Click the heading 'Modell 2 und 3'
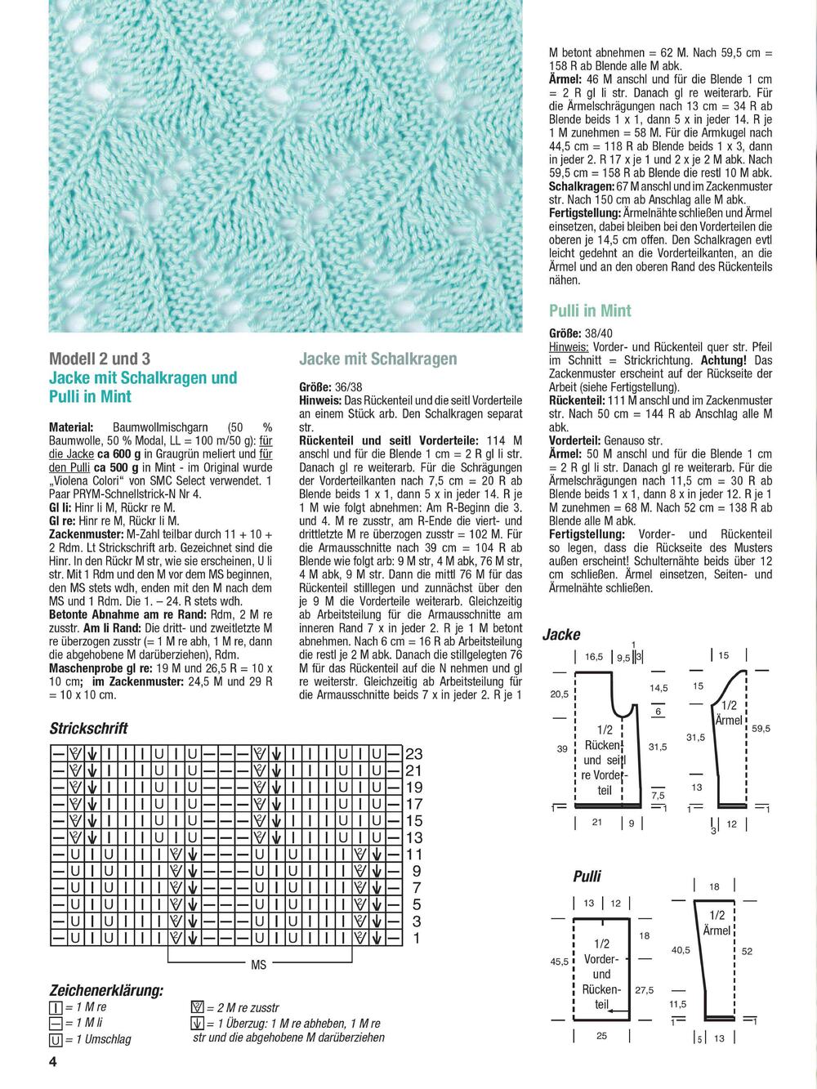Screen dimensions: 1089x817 coord(100,359)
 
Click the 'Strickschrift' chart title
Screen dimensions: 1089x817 coord(88,728)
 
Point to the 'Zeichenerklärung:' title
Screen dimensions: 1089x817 coord(106,990)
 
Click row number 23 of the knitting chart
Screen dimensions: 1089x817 coord(414,754)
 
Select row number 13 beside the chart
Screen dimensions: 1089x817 coord(414,837)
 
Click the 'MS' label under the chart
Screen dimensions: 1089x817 coord(259,965)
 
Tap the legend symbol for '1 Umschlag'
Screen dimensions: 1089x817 coord(56,1040)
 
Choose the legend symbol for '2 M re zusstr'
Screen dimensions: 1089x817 coord(196,1007)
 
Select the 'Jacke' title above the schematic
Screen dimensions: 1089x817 coord(561,635)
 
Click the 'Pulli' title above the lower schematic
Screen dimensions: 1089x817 coord(587,877)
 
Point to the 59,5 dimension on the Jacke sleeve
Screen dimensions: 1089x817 coord(761,728)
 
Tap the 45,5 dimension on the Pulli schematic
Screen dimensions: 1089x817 coord(560,962)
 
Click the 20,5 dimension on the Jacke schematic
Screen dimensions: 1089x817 coord(560,694)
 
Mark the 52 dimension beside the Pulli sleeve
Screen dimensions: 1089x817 coord(748,951)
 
